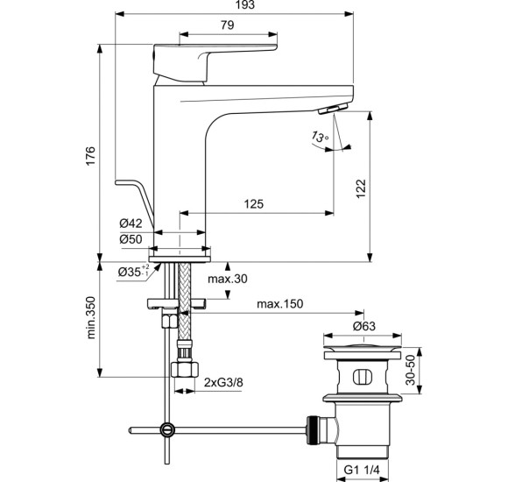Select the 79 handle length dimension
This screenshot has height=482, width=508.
click(x=227, y=26)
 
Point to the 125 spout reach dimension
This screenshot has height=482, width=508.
click(x=253, y=204)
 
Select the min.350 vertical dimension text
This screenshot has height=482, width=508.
click(x=91, y=317)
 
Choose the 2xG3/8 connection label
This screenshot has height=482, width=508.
click(x=224, y=383)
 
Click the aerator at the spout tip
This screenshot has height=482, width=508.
click(x=336, y=109)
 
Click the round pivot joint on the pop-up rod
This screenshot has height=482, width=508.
click(x=166, y=429)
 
